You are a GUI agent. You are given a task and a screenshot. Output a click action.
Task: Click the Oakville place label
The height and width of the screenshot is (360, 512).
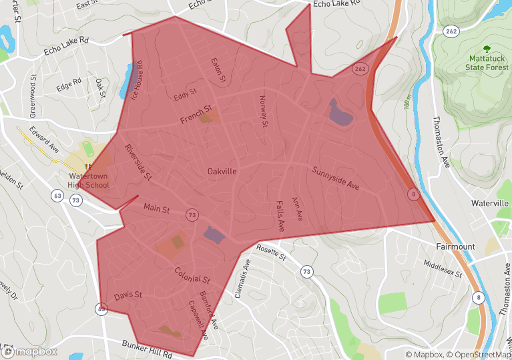(x=222, y=172)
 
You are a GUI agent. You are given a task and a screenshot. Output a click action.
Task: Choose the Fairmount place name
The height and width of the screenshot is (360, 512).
(x=455, y=246)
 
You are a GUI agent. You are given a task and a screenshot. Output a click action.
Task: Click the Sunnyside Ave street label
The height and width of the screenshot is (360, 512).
(x=335, y=178)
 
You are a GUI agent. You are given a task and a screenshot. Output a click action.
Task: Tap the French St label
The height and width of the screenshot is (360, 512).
(x=196, y=114)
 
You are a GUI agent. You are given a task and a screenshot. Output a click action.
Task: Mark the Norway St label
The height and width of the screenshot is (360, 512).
(x=263, y=111)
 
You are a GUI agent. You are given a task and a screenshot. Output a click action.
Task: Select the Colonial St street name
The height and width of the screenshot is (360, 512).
(x=192, y=275)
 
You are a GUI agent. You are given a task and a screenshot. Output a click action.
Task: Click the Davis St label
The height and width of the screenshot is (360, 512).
(x=127, y=295)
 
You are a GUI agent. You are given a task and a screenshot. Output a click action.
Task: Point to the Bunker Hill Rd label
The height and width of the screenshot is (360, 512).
(x=147, y=348)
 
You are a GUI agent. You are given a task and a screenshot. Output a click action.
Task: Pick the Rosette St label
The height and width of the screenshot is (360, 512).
(x=270, y=252)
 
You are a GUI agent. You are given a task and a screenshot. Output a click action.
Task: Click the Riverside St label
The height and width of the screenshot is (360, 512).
(x=138, y=162)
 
